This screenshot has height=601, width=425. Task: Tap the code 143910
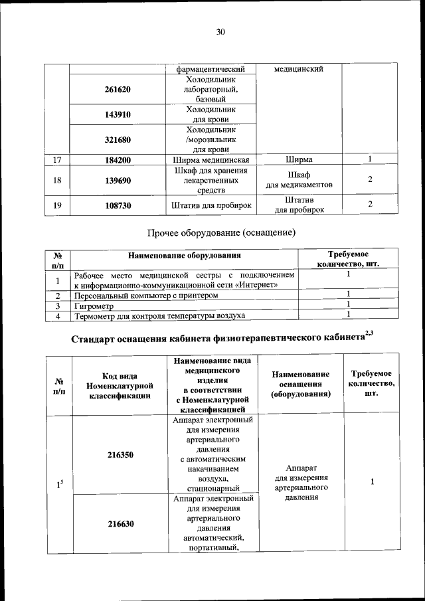pyautogui.click(x=118, y=114)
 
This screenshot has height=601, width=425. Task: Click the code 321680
pyautogui.click(x=118, y=139)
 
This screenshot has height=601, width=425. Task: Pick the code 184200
pyautogui.click(x=118, y=160)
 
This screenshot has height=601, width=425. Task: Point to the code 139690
pyautogui.click(x=118, y=180)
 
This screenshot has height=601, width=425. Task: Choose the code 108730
pyautogui.click(x=118, y=205)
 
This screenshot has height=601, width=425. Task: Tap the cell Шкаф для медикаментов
pyautogui.click(x=299, y=179)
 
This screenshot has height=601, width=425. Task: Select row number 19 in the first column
pyautogui.click(x=57, y=205)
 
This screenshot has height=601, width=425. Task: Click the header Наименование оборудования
pyautogui.click(x=185, y=254)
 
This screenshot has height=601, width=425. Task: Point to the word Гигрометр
pyautogui.click(x=94, y=305)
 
